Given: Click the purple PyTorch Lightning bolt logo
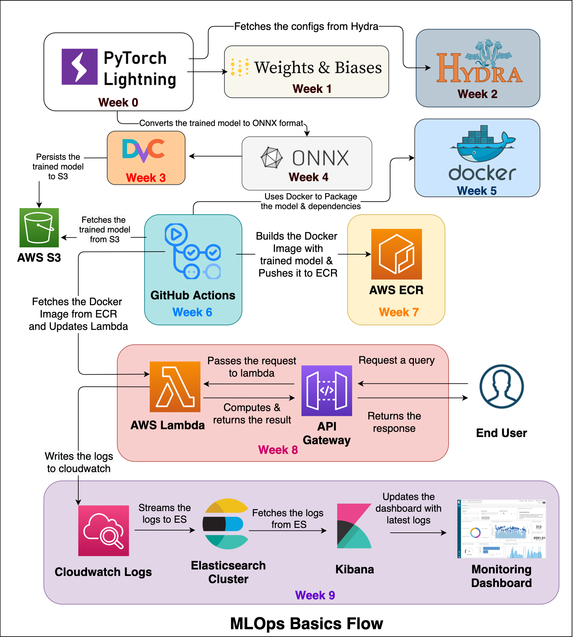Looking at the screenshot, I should click(80, 67).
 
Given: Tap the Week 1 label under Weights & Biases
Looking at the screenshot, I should click(312, 89).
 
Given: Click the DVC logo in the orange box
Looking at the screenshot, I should click(144, 150).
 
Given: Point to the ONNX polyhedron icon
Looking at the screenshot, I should click(271, 158).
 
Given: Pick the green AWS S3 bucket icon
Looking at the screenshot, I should click(39, 228).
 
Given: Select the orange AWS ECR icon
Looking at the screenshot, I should click(396, 254).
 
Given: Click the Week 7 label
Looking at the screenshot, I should click(399, 312).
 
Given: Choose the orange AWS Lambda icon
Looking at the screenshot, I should click(175, 387).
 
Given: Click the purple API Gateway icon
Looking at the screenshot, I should click(326, 391).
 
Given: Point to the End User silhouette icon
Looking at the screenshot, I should click(501, 386).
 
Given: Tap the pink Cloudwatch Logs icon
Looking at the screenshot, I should click(104, 531).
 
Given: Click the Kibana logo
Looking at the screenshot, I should click(354, 526).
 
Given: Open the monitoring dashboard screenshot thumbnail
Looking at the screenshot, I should click(501, 529).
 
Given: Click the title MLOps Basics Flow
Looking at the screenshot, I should click(306, 623).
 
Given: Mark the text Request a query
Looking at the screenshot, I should click(396, 360).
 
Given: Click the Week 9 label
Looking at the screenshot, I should click(315, 595).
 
